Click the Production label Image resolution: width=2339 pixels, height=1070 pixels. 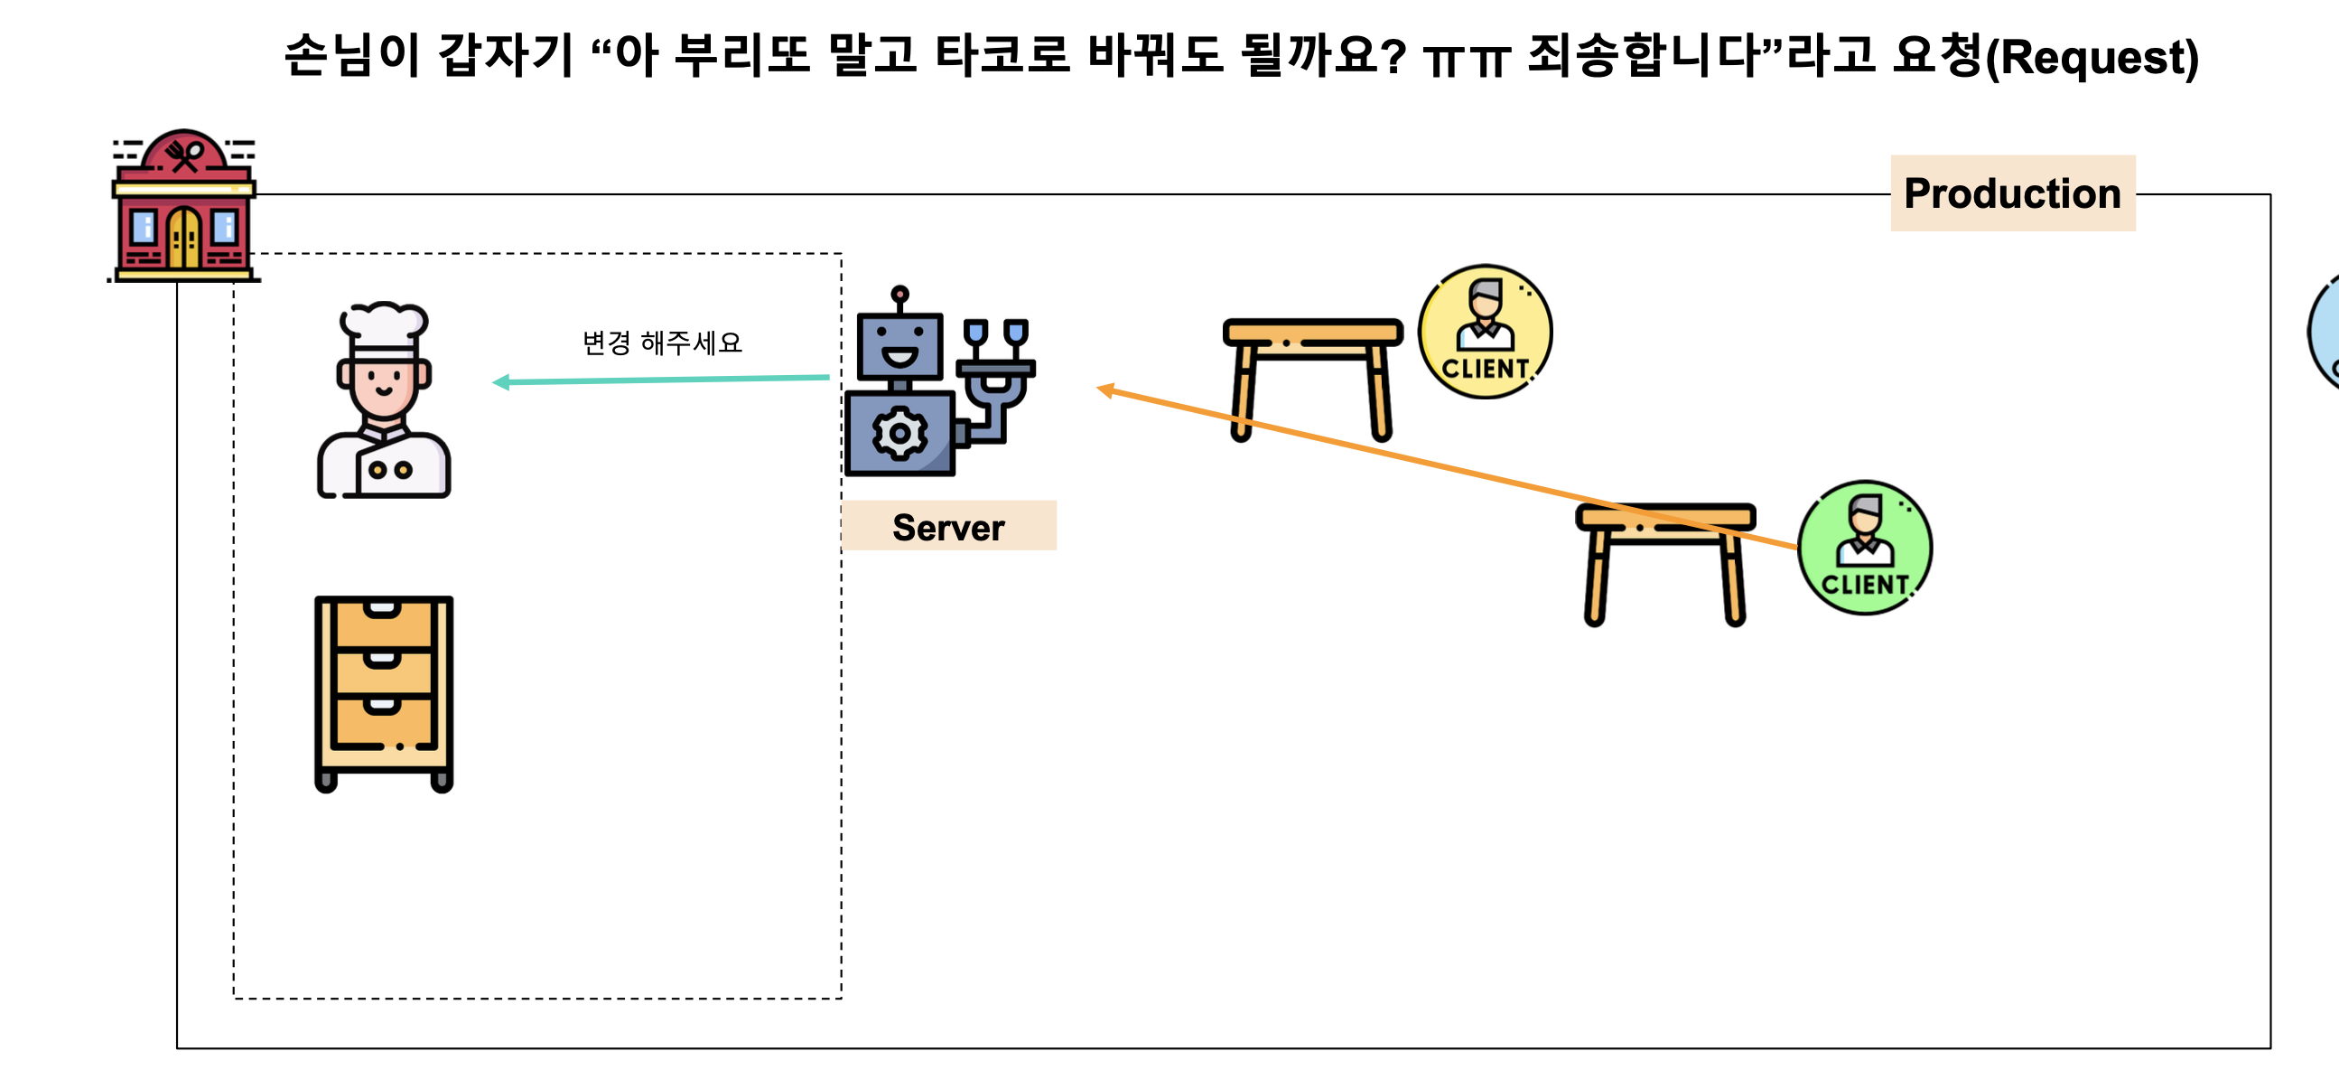point(2012,193)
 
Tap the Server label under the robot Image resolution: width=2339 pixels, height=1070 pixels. point(948,527)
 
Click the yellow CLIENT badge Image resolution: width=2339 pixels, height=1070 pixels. point(1486,333)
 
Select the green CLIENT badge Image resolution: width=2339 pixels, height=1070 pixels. point(1865,549)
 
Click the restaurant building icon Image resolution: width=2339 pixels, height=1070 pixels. point(184,206)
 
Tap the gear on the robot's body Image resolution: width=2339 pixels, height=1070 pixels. point(899,434)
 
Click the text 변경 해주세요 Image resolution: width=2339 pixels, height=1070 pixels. point(662,343)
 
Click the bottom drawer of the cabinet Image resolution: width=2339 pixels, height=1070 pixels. point(383,721)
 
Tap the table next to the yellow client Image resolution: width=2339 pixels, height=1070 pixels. point(1312,373)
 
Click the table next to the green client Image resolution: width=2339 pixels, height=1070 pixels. point(1664,558)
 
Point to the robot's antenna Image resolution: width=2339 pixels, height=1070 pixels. point(899,296)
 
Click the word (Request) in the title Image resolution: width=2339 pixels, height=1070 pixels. point(2092,57)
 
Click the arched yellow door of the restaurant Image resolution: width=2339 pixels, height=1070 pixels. point(184,237)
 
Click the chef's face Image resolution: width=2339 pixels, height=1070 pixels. point(383,381)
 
